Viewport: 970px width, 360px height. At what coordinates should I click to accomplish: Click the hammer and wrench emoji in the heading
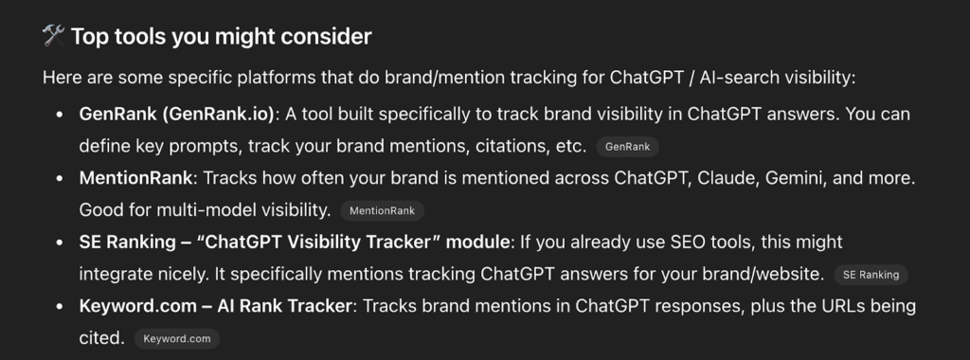(53, 37)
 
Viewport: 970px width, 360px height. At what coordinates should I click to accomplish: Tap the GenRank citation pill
(627, 147)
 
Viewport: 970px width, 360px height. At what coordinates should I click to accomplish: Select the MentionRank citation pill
(382, 210)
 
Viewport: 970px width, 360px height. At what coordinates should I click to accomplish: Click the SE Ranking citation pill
(871, 275)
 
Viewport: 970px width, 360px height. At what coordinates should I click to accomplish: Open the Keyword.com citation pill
(176, 338)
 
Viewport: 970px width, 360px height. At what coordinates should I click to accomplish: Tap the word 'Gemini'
(791, 178)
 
